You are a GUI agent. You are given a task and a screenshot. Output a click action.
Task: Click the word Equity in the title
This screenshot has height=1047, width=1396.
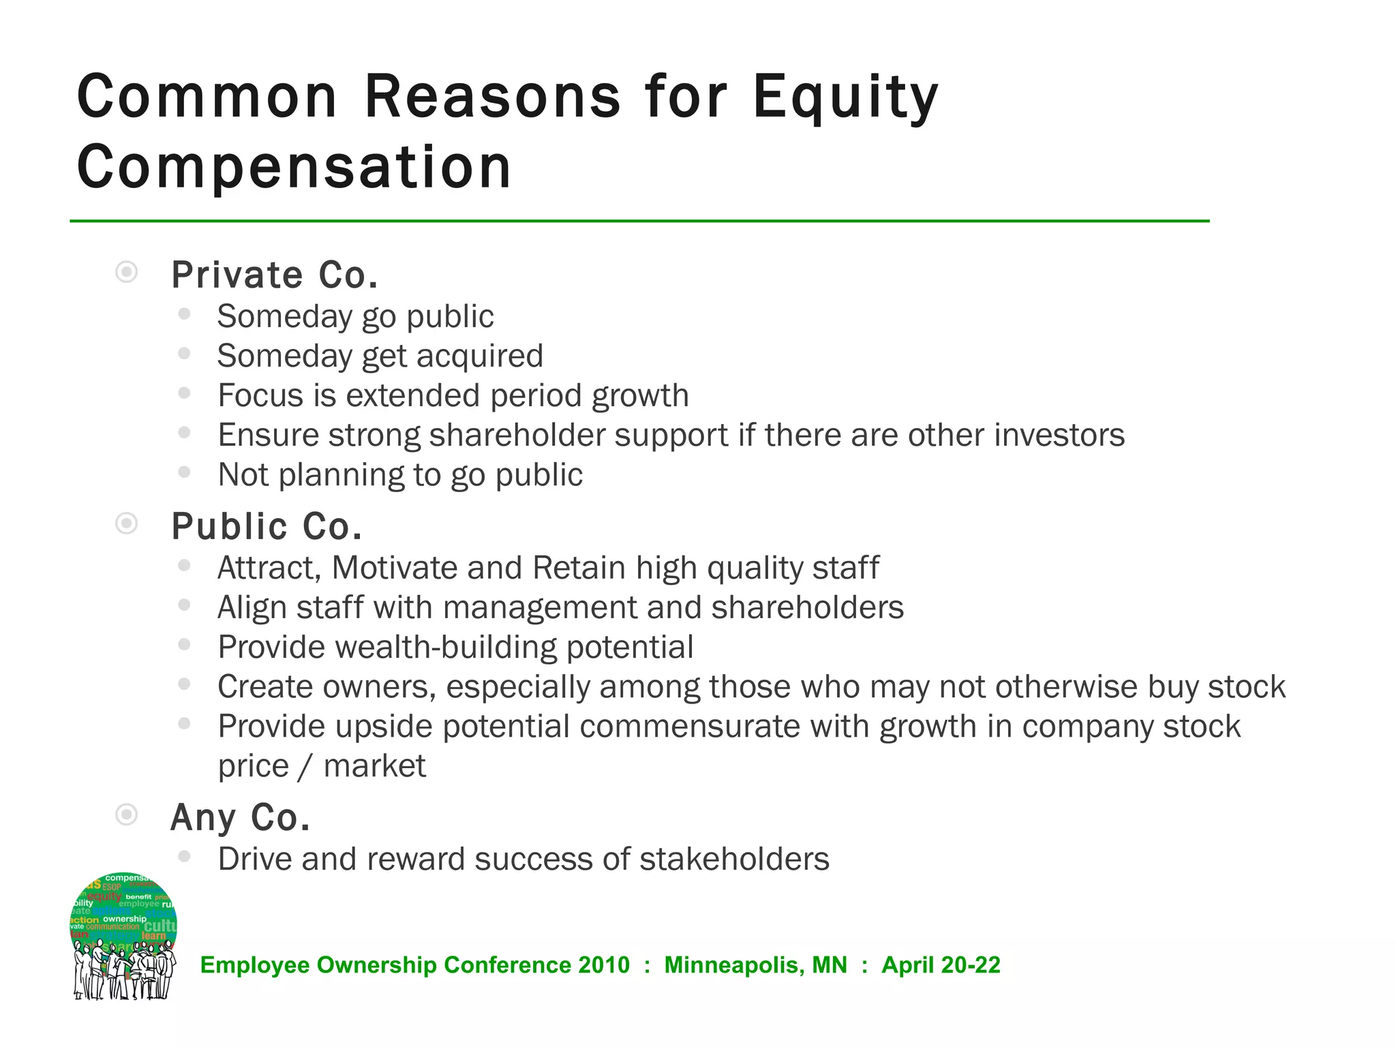pyautogui.click(x=845, y=97)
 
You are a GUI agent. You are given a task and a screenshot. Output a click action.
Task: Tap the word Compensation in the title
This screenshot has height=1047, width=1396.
pyautogui.click(x=294, y=168)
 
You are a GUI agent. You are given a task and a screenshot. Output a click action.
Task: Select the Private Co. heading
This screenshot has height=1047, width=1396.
pyautogui.click(x=274, y=275)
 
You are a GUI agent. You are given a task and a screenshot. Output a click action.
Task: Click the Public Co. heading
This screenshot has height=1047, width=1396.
pyautogui.click(x=267, y=527)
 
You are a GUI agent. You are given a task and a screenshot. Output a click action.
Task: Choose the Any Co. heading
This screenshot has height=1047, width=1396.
pyautogui.click(x=240, y=817)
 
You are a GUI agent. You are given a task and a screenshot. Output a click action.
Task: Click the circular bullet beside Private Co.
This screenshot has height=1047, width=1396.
pyautogui.click(x=127, y=272)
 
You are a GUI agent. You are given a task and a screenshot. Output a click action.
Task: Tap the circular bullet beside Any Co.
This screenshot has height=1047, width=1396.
pyautogui.click(x=127, y=815)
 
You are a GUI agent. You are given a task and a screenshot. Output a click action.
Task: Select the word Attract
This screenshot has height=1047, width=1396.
pyautogui.click(x=269, y=568)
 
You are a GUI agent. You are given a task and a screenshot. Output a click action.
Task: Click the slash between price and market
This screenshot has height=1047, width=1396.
pyautogui.click(x=306, y=766)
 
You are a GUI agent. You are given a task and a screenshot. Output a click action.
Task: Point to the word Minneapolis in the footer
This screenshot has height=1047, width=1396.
pyautogui.click(x=756, y=965)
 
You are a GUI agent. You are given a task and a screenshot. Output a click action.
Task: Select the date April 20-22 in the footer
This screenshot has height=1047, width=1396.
pyautogui.click(x=941, y=965)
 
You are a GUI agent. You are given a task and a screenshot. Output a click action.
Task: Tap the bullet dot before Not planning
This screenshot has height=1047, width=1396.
pyautogui.click(x=184, y=472)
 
